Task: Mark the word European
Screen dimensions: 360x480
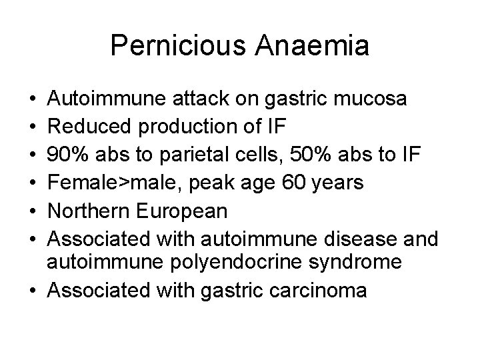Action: pyautogui.click(x=183, y=211)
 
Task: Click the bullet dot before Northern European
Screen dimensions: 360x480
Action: pyautogui.click(x=33, y=211)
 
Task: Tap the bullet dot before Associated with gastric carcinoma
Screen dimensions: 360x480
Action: pyautogui.click(x=33, y=291)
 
